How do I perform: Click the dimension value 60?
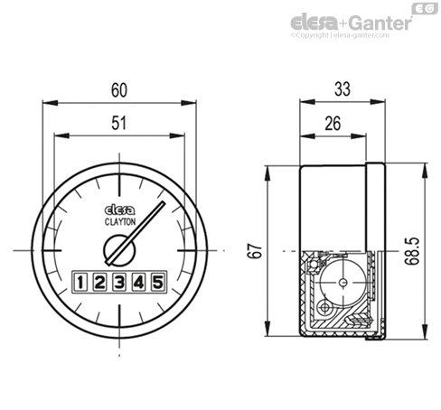click(x=119, y=89)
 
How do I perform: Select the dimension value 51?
click(x=119, y=126)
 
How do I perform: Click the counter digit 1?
click(x=80, y=283)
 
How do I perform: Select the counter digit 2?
click(x=99, y=283)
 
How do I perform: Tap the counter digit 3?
click(x=119, y=283)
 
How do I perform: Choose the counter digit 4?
click(x=138, y=283)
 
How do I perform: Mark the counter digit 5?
click(x=157, y=283)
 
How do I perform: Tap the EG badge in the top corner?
click(x=422, y=8)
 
